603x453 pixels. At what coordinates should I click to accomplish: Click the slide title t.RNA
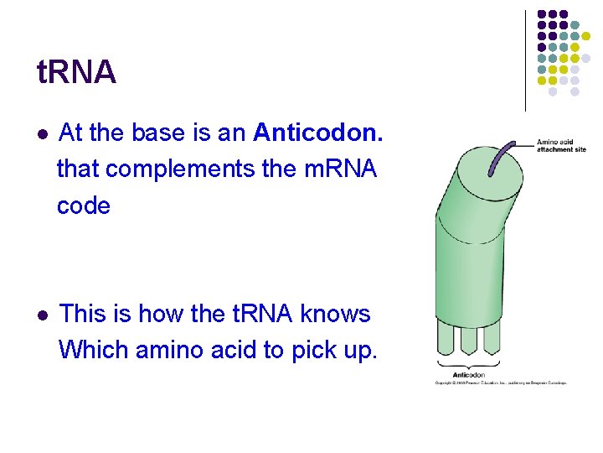click(77, 73)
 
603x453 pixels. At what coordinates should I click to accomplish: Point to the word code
click(84, 206)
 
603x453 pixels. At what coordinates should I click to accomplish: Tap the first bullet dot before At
click(44, 133)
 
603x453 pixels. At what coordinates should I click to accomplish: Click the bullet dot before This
click(44, 315)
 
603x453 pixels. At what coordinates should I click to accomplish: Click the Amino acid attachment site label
click(561, 146)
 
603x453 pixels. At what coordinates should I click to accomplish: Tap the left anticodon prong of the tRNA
click(446, 339)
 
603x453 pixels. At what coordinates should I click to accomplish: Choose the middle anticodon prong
click(468, 339)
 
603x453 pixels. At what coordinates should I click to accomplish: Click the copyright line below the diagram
click(500, 383)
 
